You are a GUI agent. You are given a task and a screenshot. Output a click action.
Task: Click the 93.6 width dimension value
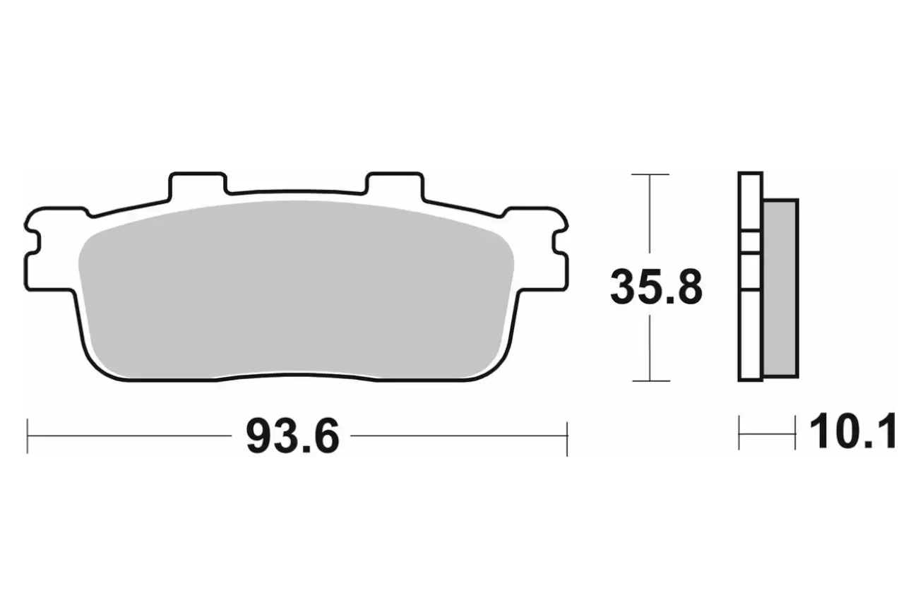pos(292,436)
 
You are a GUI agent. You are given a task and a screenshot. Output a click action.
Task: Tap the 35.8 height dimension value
pos(657,287)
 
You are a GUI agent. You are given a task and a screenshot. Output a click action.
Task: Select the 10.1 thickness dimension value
pos(853,431)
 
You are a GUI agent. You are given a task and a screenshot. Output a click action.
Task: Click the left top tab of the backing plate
pos(198,183)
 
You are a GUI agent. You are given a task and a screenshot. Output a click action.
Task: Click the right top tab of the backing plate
pos(395,183)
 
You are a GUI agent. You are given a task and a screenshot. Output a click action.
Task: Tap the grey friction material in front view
pos(296,289)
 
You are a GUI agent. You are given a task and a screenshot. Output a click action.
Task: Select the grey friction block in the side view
pos(781,289)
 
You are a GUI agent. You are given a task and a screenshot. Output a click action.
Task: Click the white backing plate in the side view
pos(751,277)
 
